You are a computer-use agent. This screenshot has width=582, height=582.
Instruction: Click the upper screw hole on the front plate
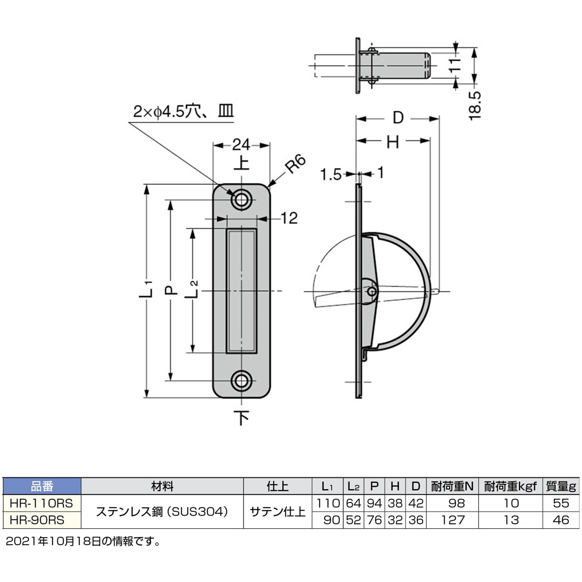click(241, 200)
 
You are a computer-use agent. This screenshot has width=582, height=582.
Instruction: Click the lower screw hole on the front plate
click(241, 381)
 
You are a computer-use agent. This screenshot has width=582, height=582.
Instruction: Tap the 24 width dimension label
click(241, 145)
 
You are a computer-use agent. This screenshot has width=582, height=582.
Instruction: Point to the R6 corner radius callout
click(295, 164)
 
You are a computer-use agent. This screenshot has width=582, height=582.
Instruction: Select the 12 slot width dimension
click(289, 218)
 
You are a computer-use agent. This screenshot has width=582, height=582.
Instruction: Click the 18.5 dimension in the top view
click(474, 106)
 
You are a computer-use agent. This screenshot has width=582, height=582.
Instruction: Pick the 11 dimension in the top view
click(455, 65)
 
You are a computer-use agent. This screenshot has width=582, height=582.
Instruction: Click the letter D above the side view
click(398, 118)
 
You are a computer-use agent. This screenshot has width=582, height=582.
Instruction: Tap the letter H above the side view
click(393, 142)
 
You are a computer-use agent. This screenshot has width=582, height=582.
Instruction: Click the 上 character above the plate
click(242, 163)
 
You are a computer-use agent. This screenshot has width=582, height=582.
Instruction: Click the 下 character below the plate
click(242, 418)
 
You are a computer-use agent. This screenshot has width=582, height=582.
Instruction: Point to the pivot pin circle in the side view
click(372, 291)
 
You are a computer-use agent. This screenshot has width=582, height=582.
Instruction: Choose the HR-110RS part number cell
click(41, 503)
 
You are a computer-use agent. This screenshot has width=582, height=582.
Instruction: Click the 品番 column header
click(42, 487)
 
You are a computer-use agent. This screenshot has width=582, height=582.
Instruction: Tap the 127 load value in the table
click(453, 520)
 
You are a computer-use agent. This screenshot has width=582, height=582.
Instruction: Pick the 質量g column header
click(561, 487)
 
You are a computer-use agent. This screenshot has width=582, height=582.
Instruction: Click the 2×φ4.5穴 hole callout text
click(167, 111)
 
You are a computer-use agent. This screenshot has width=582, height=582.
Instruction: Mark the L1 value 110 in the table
click(328, 503)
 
